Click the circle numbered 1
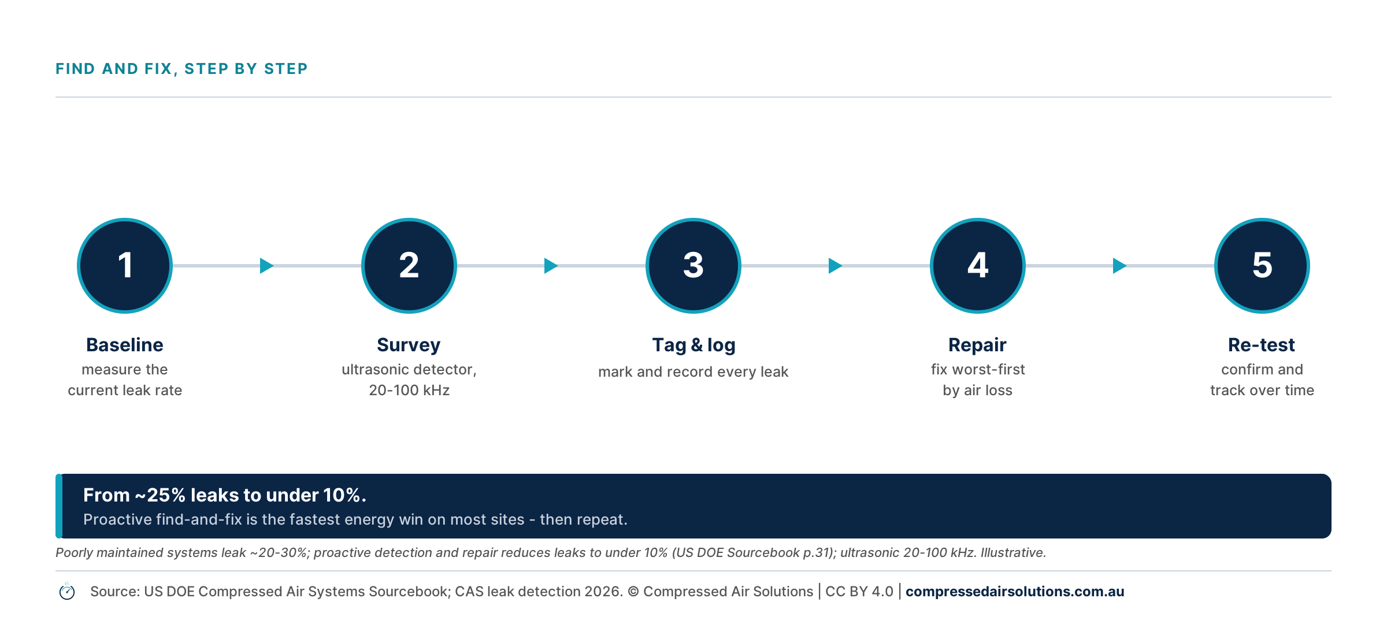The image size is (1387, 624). point(125,266)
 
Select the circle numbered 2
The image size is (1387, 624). point(409,266)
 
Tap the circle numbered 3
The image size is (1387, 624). point(693,266)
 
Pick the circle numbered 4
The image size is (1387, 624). point(978,266)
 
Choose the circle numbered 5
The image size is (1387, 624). point(1262,266)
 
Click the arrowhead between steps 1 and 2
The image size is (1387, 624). point(266,266)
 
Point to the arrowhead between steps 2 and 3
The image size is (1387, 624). point(551,266)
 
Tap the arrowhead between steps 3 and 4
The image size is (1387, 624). point(835,266)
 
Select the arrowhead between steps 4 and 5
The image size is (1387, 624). point(1119,266)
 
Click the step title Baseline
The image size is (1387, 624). point(125,345)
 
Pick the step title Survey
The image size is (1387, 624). point(409,346)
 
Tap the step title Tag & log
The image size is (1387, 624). point(693,346)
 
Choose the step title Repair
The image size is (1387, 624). point(977,346)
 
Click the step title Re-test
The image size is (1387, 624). point(1262,345)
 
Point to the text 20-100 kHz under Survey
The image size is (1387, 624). point(409,391)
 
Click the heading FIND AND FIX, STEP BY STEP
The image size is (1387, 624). point(181,69)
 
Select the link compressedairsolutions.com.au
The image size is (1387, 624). point(1015,592)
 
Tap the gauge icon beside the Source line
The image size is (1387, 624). point(67,592)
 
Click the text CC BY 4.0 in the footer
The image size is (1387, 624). point(859,592)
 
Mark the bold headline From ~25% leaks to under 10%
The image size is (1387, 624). point(225,495)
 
